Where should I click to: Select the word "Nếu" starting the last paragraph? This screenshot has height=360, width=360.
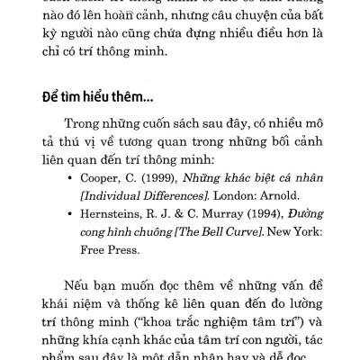[x=81, y=282]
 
